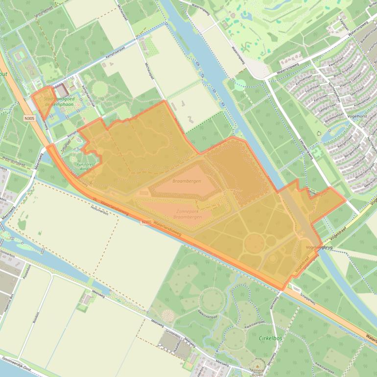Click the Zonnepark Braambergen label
[188, 214]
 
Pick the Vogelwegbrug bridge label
[319, 247]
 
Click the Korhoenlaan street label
[304, 79]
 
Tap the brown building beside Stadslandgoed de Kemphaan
[63, 91]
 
